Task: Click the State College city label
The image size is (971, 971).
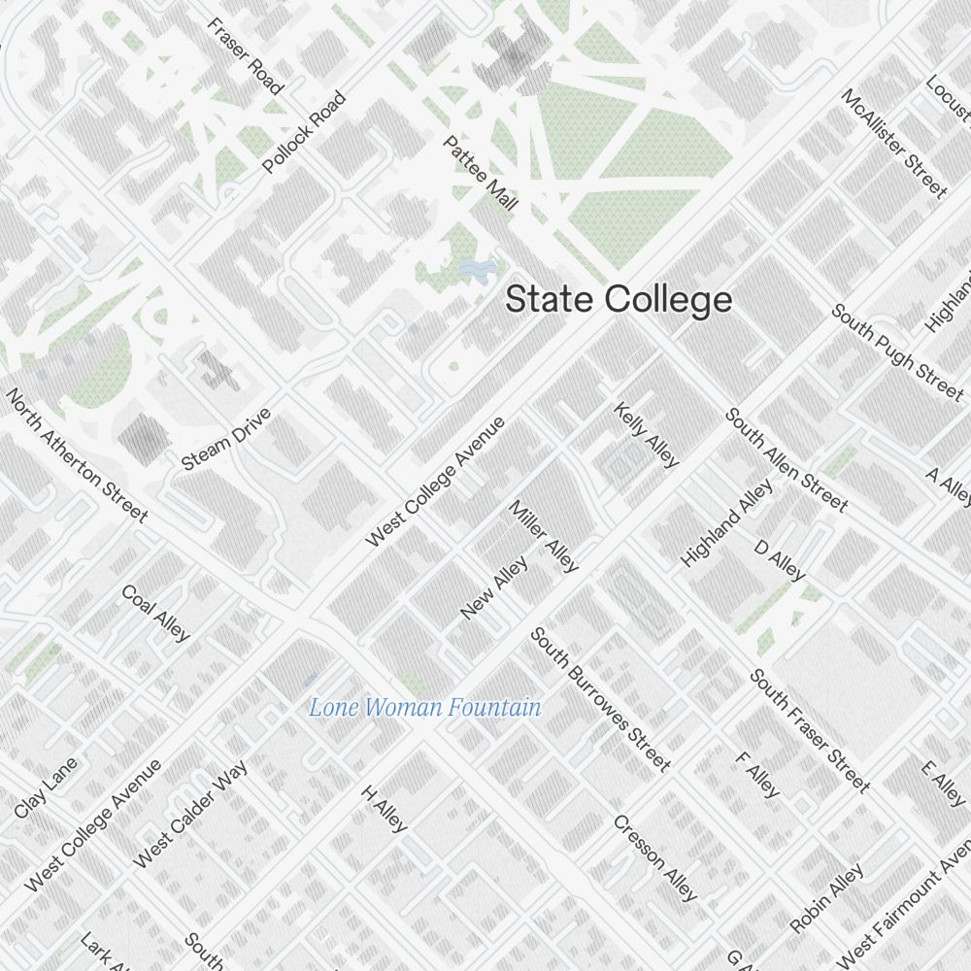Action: coord(619,300)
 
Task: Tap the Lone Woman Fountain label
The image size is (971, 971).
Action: coord(424,708)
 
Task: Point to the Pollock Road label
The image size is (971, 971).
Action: coord(304,133)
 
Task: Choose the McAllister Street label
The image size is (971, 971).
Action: coord(893,143)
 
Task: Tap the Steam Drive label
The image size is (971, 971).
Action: coord(226,440)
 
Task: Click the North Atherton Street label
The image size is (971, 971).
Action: coord(78,454)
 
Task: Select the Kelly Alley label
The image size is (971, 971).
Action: coord(646,435)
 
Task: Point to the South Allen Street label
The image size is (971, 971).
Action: coord(787,459)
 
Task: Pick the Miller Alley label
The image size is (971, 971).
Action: coord(544,536)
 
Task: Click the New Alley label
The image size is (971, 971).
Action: coord(494,587)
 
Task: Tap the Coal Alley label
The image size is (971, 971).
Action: coord(155,613)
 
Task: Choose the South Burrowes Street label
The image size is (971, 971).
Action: coord(600,699)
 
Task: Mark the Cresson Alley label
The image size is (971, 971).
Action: coord(654,856)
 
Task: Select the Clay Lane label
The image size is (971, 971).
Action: coord(46,787)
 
